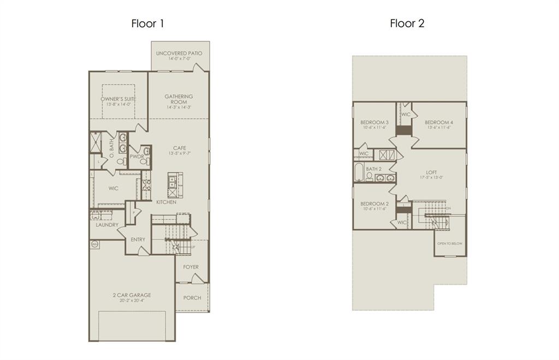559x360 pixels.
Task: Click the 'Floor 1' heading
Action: point(147,23)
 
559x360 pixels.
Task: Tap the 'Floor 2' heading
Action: point(407,23)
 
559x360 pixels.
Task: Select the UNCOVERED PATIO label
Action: point(179,53)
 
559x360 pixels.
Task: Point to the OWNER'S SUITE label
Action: point(118,99)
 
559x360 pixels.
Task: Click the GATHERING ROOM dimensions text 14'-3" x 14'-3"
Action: point(179,107)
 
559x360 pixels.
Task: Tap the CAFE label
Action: point(180,148)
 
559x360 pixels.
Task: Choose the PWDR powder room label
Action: point(136,157)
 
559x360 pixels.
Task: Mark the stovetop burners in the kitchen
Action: point(146,184)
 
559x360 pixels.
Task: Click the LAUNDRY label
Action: point(107,225)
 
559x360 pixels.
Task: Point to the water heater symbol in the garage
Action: point(94,244)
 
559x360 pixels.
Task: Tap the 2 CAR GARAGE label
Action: point(132,295)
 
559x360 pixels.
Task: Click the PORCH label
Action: point(192,298)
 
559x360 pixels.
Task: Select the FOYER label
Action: point(191,267)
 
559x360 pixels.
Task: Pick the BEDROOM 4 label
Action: point(439,122)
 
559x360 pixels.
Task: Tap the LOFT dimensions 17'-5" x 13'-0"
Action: point(431,178)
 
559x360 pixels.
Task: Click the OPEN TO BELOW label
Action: point(450,243)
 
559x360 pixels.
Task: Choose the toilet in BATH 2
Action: point(370,176)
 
